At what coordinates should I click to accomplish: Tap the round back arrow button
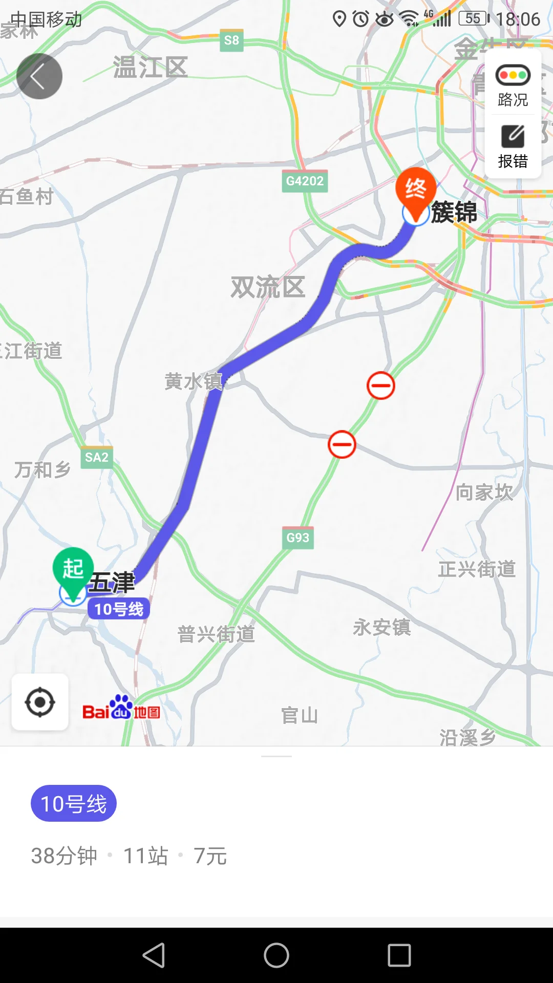click(39, 76)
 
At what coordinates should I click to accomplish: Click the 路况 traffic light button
click(513, 85)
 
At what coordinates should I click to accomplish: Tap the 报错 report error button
click(513, 146)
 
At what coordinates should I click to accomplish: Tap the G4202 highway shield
click(305, 181)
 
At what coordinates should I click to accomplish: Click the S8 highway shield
click(231, 40)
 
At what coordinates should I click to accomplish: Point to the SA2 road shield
click(97, 457)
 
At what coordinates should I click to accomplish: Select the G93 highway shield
click(297, 538)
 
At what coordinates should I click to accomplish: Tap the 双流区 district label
click(268, 287)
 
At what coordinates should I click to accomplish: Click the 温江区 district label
click(151, 67)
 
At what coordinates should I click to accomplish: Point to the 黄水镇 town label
click(194, 381)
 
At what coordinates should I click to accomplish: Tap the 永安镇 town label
click(382, 627)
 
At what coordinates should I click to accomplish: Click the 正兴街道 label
click(477, 569)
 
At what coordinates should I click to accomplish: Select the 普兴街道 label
click(216, 634)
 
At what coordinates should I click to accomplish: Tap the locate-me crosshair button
click(40, 702)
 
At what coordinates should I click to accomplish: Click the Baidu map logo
click(121, 709)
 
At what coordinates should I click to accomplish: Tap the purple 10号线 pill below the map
click(74, 803)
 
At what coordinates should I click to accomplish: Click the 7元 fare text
click(210, 856)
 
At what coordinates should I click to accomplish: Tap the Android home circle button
click(276, 955)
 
